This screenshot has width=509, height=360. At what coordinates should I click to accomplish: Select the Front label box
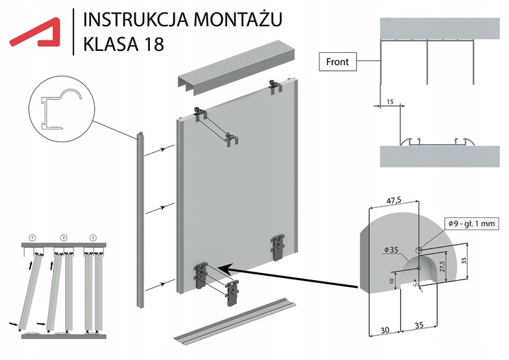pos(339,62)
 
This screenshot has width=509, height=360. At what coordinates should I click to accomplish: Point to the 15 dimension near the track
pos(390,102)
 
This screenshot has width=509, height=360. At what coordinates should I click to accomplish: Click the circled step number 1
pos(33,236)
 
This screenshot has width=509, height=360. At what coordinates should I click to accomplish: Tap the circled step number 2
pos(63,236)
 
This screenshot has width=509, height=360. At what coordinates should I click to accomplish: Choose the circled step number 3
pos(93,236)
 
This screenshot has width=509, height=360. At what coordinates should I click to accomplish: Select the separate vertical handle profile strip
pos(141,219)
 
